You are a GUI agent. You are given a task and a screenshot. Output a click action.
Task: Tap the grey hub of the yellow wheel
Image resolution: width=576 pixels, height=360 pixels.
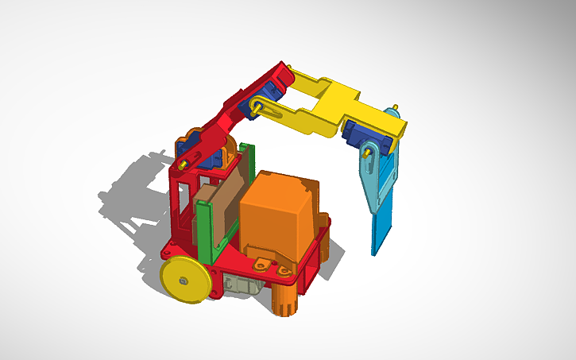pos(184,280)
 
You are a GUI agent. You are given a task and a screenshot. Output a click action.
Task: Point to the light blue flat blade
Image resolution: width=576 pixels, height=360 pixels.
pos(385,226)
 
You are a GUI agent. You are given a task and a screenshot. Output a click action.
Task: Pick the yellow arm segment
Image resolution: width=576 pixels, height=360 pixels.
pos(350,107)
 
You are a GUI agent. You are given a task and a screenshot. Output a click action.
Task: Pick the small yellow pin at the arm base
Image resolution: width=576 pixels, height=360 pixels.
pos(184,164)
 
